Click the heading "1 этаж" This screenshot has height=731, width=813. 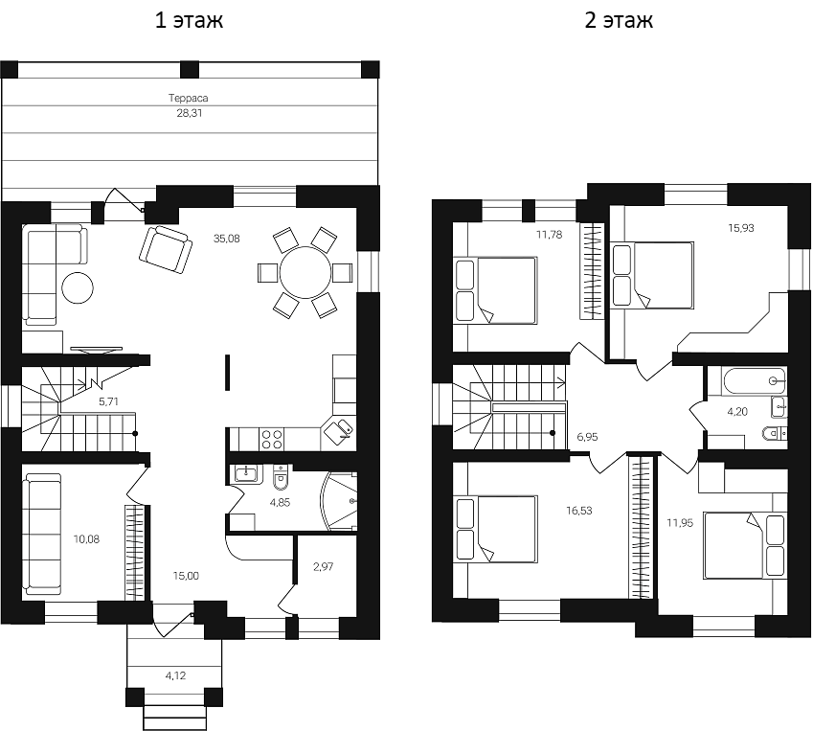[x=190, y=21]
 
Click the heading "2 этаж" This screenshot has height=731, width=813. [x=619, y=21]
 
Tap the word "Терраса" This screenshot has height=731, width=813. [x=189, y=98]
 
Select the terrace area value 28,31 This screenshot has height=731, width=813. [x=189, y=112]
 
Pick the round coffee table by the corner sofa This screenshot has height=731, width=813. [x=79, y=287]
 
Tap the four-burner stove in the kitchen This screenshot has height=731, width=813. [x=272, y=438]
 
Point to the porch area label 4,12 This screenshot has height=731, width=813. [x=175, y=675]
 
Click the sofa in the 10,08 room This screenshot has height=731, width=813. [x=41, y=533]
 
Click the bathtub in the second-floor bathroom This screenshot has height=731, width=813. [x=753, y=382]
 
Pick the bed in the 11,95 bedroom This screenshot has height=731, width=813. [x=744, y=544]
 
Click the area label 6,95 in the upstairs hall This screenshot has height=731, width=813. [x=587, y=436]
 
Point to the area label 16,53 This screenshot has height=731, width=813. [x=578, y=511]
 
